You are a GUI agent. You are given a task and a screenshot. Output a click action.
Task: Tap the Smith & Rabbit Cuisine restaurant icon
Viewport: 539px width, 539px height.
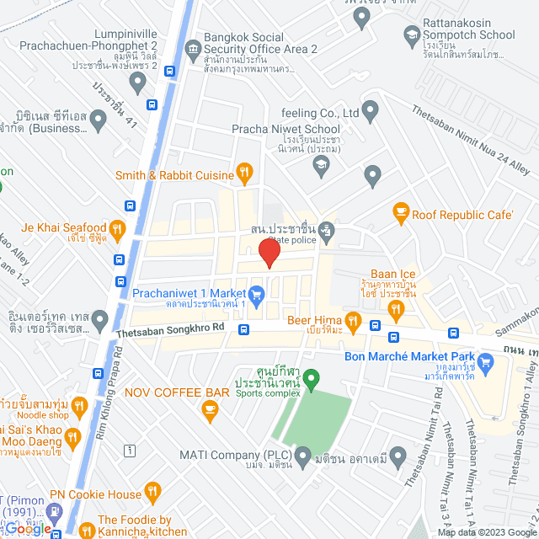click(x=245, y=174)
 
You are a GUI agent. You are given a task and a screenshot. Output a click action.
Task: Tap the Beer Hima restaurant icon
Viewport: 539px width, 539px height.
click(x=353, y=321)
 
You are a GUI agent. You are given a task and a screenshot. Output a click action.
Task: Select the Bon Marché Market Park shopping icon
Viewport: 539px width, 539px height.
click(x=505, y=363)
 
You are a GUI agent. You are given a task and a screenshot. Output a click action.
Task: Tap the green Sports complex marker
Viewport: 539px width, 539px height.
click(x=311, y=381)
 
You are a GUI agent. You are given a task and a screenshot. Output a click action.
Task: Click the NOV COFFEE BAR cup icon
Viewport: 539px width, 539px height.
click(x=210, y=410)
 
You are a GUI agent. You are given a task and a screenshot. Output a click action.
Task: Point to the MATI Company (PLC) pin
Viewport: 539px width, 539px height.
click(x=303, y=455)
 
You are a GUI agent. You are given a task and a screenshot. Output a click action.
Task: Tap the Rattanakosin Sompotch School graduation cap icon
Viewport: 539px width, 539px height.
click(x=412, y=35)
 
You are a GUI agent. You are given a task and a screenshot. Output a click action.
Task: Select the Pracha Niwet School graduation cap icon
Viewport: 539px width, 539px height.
click(x=320, y=166)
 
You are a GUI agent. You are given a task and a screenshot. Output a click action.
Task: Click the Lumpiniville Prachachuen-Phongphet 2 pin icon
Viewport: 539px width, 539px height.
click(x=138, y=83)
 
